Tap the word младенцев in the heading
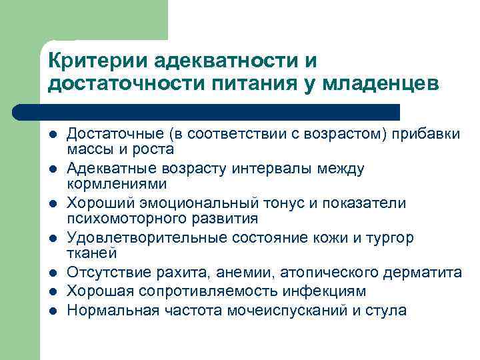(380, 85)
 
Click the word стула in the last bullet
(387, 311)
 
